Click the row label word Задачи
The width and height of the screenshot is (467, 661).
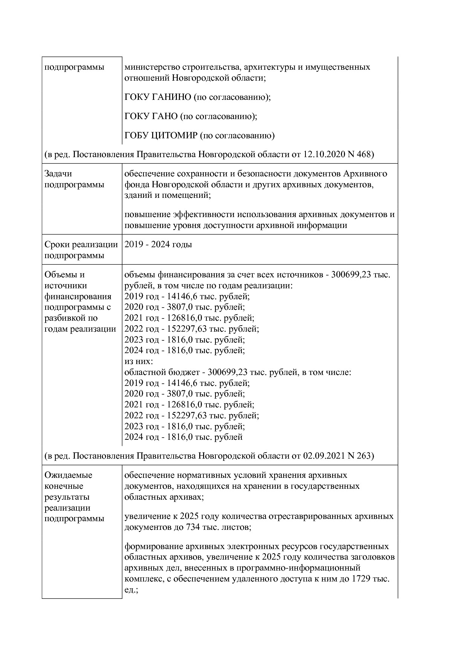click(58, 174)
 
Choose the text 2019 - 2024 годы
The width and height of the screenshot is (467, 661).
click(158, 245)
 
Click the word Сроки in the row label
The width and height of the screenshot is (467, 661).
click(56, 245)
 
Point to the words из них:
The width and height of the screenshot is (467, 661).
click(138, 361)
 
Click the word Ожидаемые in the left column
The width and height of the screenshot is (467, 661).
click(68, 475)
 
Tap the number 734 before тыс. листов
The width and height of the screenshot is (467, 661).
click(193, 527)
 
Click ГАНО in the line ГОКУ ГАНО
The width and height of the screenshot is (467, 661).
click(165, 116)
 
